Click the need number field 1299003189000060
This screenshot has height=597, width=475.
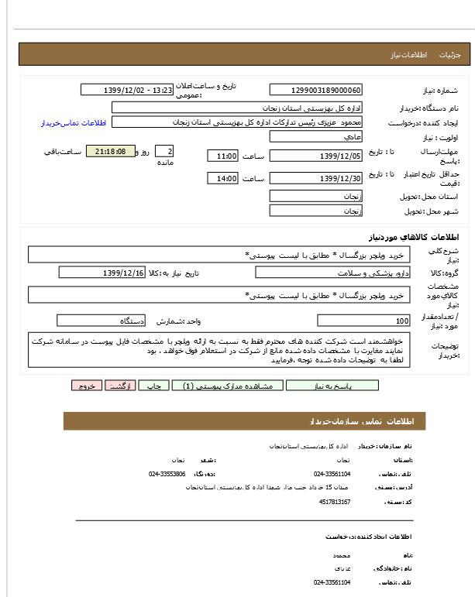(315, 90)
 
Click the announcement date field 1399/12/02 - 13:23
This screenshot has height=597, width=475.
(127, 90)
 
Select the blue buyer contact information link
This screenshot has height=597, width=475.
(74, 122)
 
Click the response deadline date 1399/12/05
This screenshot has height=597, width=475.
(315, 156)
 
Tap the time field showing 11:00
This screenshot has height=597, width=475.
(223, 156)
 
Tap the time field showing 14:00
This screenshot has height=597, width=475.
(223, 179)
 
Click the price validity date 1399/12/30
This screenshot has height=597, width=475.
(315, 179)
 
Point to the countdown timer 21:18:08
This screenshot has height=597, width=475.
(110, 151)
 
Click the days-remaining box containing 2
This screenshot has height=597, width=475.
(164, 151)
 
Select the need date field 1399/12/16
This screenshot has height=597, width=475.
(102, 273)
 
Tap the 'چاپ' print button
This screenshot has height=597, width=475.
(154, 385)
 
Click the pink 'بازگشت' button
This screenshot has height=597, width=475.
(121, 385)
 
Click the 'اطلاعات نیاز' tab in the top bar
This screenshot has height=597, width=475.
(404, 56)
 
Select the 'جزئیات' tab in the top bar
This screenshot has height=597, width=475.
(449, 56)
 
